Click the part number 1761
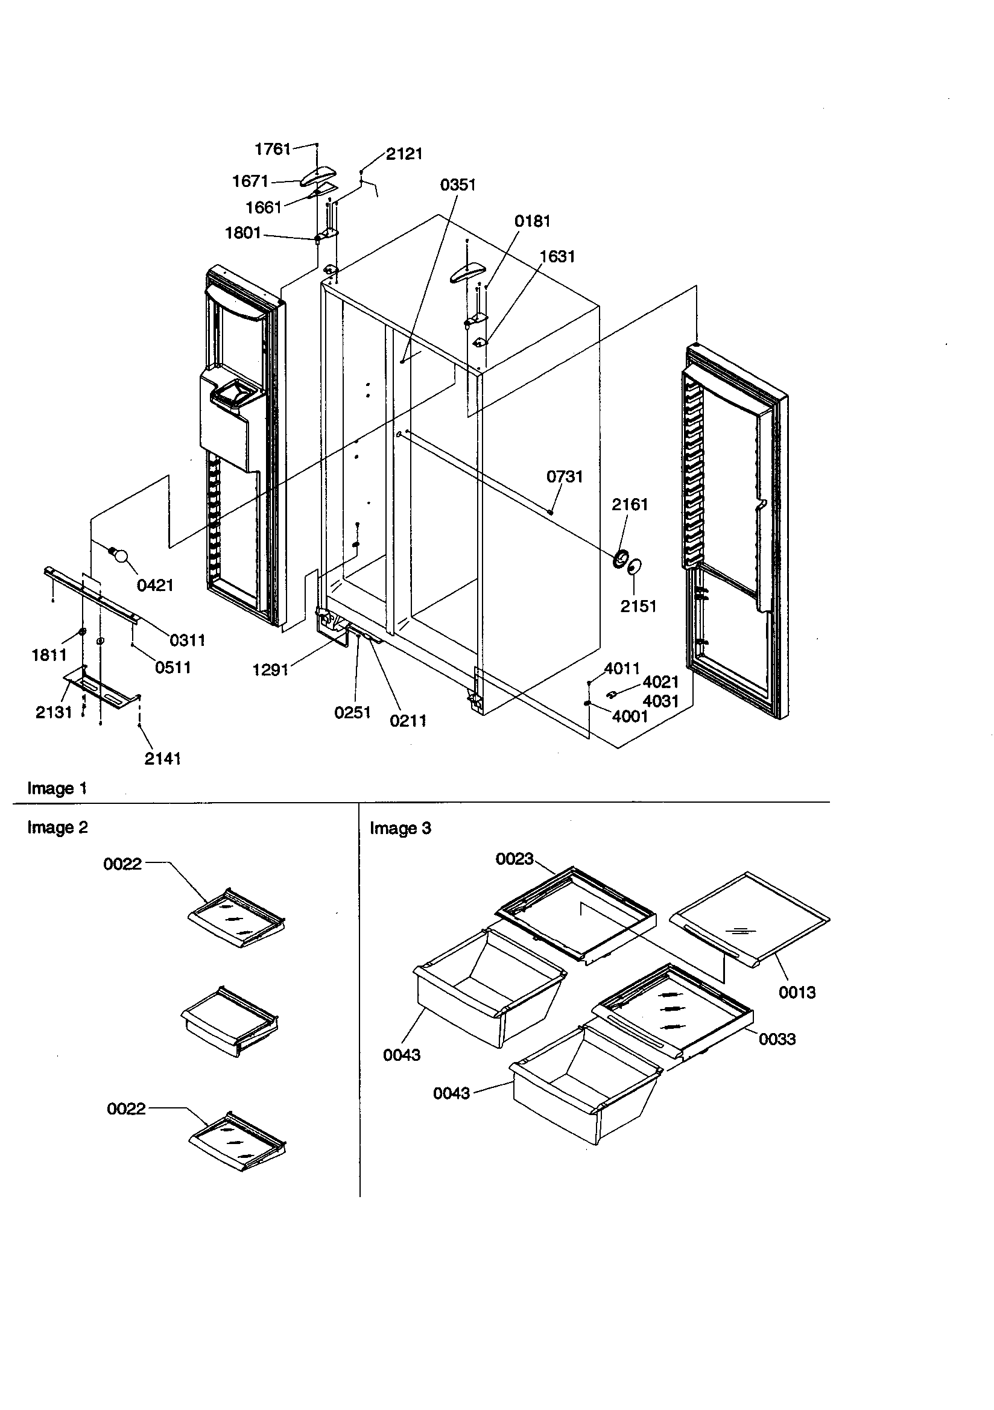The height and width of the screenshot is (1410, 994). [272, 149]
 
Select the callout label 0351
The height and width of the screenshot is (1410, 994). [458, 185]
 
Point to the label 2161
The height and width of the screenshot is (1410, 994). [630, 505]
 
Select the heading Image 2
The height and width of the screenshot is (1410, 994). [57, 828]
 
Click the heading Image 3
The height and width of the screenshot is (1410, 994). [400, 829]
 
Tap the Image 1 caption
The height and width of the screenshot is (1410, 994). [57, 788]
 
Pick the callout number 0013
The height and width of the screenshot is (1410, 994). [797, 993]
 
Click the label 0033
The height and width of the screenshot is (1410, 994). [777, 1040]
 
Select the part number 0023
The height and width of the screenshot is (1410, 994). [514, 859]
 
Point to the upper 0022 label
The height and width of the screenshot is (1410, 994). [122, 865]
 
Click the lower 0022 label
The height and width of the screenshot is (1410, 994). [126, 1109]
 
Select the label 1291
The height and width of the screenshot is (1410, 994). [270, 670]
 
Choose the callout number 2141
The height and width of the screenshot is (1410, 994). [163, 759]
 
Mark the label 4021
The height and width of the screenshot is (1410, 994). [660, 682]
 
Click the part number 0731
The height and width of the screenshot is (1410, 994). [564, 477]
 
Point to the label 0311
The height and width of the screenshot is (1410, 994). [188, 640]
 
